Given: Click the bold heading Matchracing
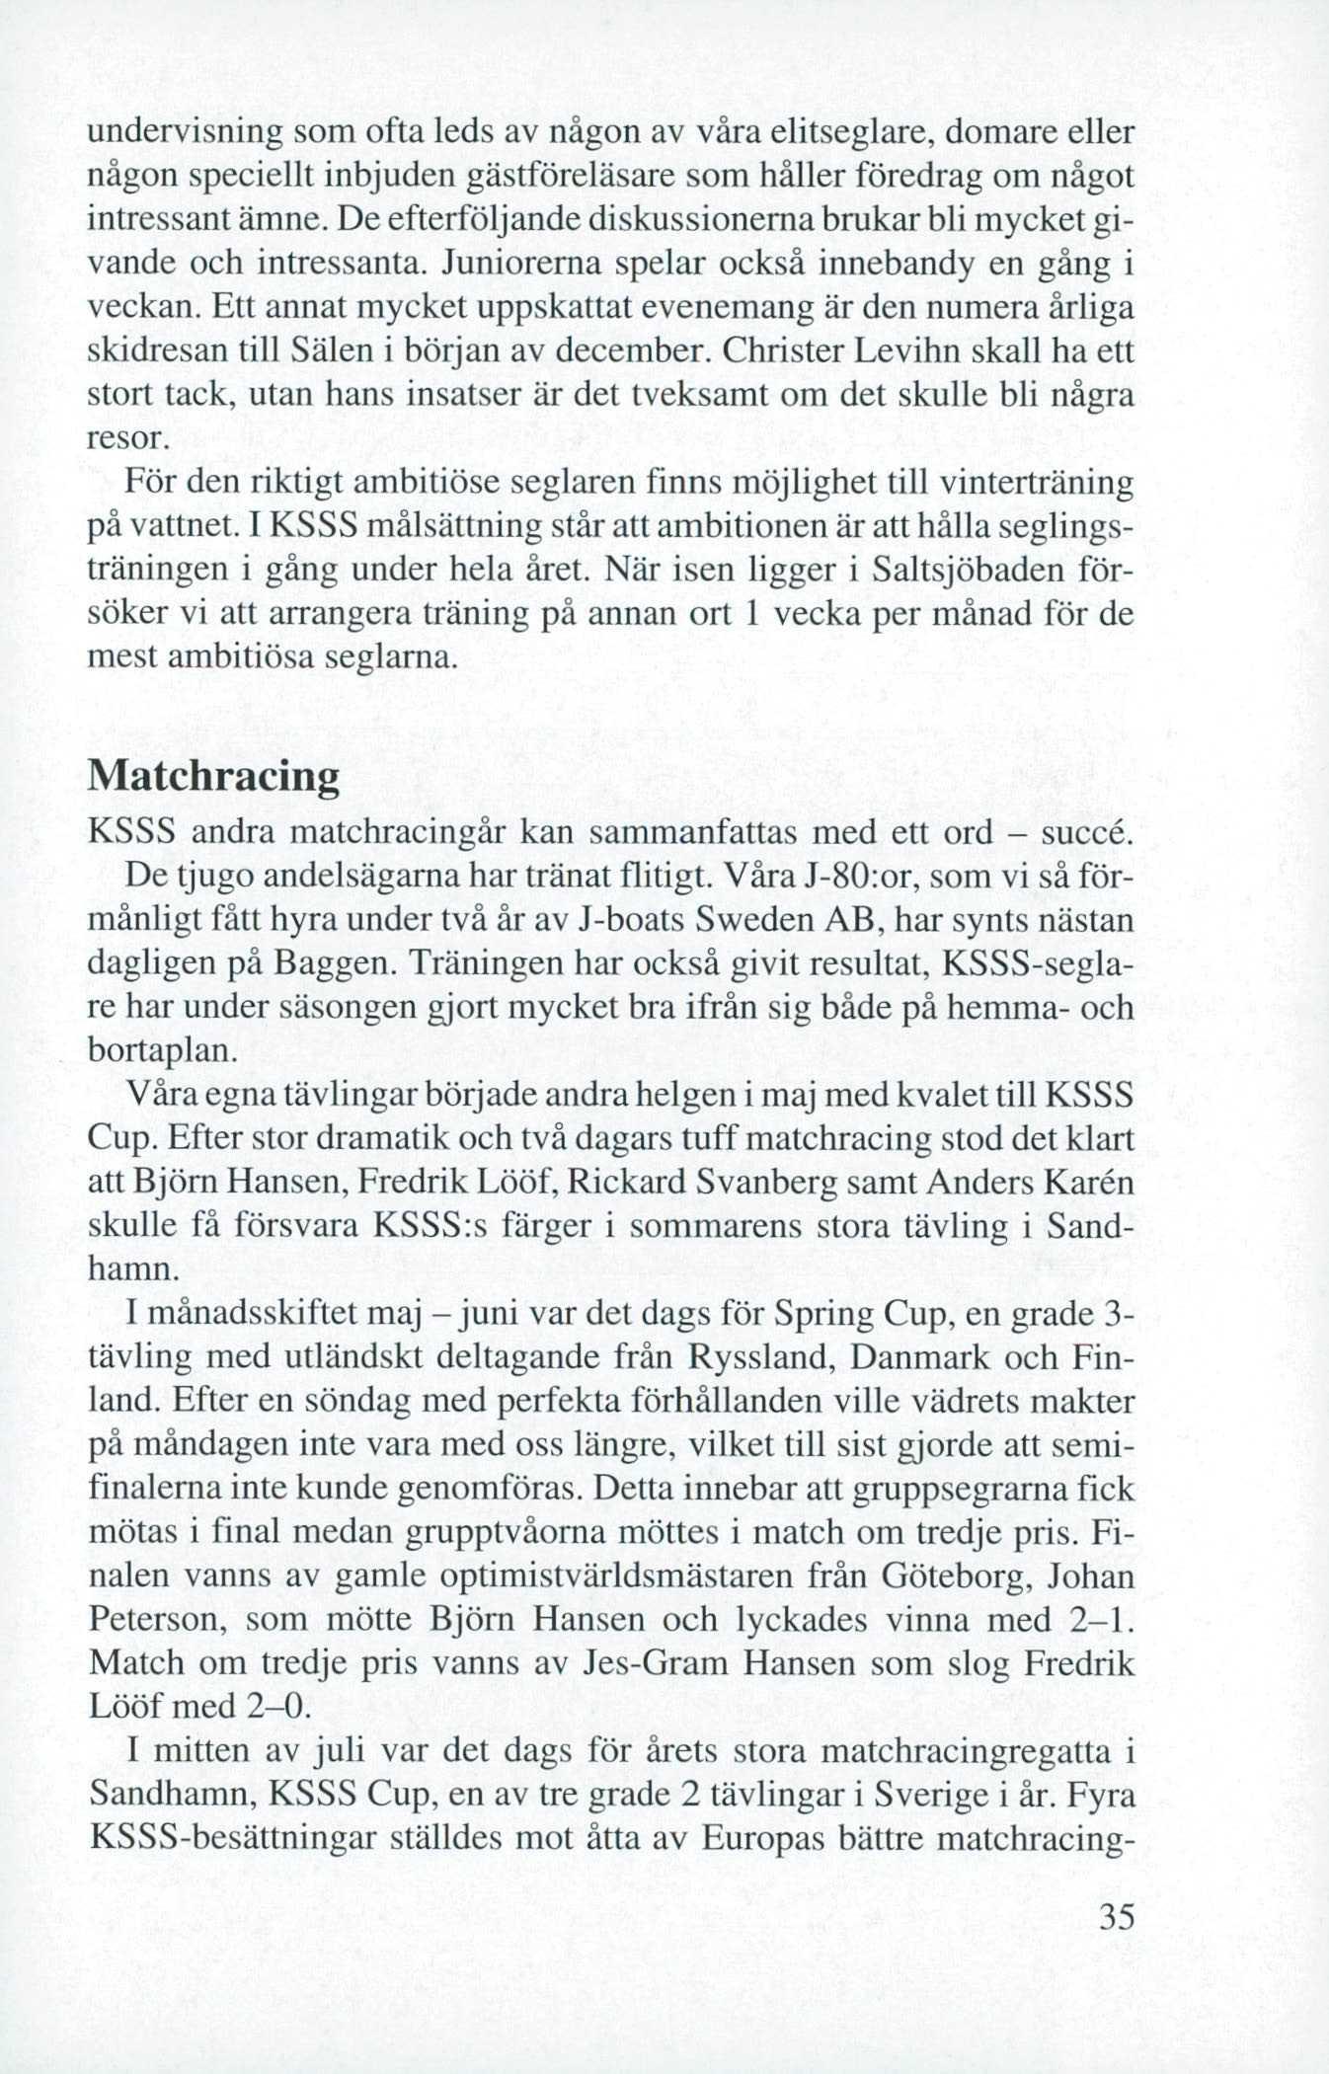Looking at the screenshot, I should (x=213, y=776).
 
